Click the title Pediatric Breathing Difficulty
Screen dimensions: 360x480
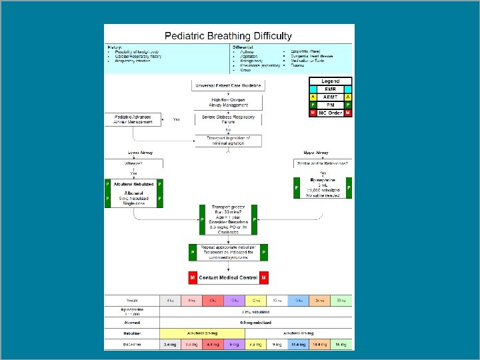point(229,36)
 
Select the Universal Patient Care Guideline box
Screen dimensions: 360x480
point(228,85)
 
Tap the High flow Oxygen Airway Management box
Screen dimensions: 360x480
point(228,102)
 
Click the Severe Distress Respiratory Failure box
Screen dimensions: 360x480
point(228,119)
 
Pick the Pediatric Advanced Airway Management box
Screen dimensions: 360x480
point(133,119)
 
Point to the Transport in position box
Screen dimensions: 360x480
point(228,140)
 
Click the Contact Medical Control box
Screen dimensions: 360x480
point(227,277)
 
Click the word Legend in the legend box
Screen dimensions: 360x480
point(331,81)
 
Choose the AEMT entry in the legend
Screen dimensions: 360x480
point(331,97)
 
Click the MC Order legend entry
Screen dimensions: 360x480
point(331,113)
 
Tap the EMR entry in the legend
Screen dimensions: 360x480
point(331,89)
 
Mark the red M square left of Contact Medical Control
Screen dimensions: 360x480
point(192,277)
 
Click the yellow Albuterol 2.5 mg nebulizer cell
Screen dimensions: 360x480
point(202,331)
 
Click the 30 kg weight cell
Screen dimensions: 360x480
point(341,299)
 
